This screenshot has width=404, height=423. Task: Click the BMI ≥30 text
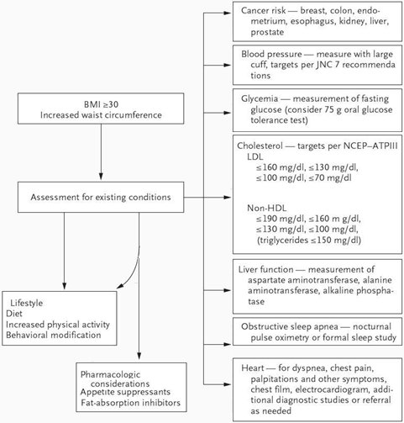[x=101, y=104]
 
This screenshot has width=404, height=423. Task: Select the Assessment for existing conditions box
[x=101, y=197]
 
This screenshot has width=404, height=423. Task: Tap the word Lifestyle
[x=27, y=303]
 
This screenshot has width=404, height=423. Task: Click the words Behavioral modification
[x=54, y=335]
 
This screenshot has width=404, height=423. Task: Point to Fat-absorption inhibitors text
[x=131, y=403]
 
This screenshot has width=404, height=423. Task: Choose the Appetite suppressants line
[x=125, y=392]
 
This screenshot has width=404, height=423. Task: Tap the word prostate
[x=267, y=32]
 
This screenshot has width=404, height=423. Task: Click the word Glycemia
[x=260, y=99]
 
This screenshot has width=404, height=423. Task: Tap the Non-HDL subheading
[x=267, y=208]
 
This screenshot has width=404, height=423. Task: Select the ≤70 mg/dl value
[x=330, y=177]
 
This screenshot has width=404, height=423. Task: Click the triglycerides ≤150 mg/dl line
[x=309, y=241]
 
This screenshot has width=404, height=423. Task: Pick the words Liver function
[x=265, y=269]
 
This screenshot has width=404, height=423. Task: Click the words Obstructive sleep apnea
[x=290, y=327]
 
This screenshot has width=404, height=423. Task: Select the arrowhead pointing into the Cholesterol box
[x=228, y=198]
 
